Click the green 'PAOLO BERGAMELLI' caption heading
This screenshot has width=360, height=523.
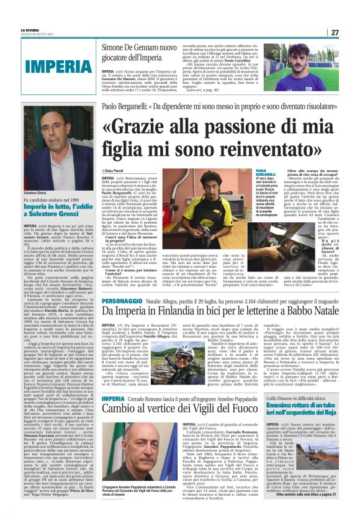point(265,173)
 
